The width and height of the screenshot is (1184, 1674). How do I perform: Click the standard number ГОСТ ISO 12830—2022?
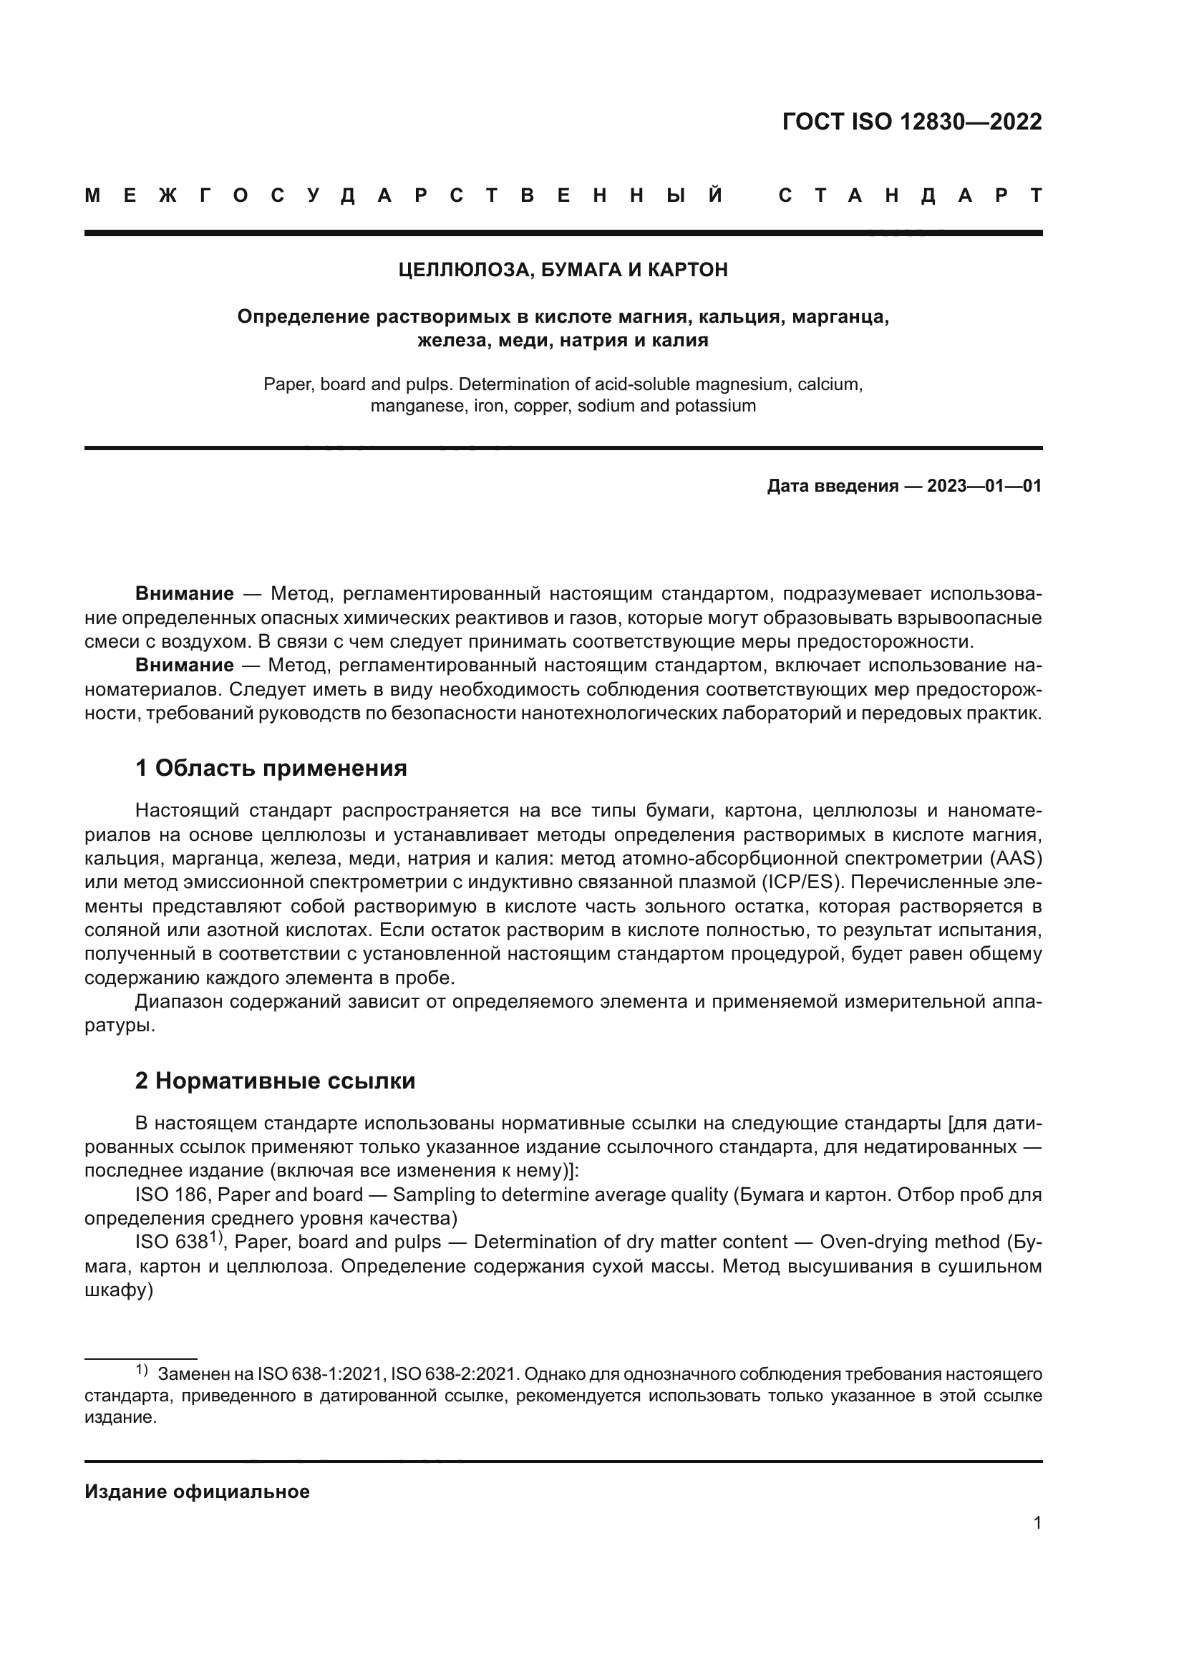click(911, 122)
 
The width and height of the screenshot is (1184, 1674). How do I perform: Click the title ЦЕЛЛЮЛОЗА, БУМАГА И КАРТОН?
click(563, 271)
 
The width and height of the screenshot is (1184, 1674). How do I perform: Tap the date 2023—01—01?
click(984, 486)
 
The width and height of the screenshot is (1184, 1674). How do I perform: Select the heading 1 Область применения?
click(271, 768)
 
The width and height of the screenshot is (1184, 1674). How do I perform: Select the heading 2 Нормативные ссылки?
click(275, 1081)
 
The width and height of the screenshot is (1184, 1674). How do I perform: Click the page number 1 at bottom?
click(1037, 1523)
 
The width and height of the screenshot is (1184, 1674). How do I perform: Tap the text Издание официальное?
click(197, 1491)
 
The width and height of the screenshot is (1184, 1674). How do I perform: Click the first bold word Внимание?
click(184, 594)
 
